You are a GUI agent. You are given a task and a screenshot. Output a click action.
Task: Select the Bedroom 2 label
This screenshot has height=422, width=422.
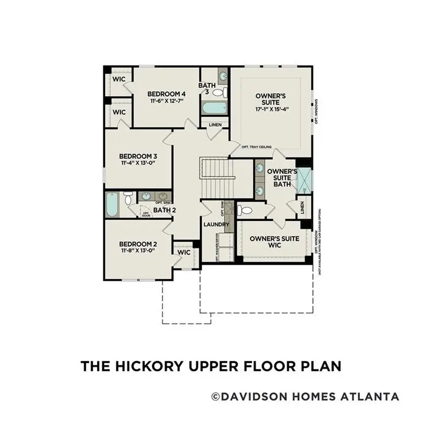point(138,243)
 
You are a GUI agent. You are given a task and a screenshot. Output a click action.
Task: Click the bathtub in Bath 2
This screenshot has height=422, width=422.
point(112,204)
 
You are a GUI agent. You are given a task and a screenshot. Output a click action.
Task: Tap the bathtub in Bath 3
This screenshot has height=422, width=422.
point(214,107)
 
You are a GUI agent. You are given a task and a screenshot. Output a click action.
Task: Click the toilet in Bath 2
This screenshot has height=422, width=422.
point(128,198)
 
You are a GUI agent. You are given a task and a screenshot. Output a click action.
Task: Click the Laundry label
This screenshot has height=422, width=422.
point(215,225)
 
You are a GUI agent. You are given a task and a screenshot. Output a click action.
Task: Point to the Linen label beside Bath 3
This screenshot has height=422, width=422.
point(215,125)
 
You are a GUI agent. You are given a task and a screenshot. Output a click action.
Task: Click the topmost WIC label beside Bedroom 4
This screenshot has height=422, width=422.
point(119,79)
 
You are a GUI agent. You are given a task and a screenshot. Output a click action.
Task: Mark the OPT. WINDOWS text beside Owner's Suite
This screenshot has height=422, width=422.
point(316,112)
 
